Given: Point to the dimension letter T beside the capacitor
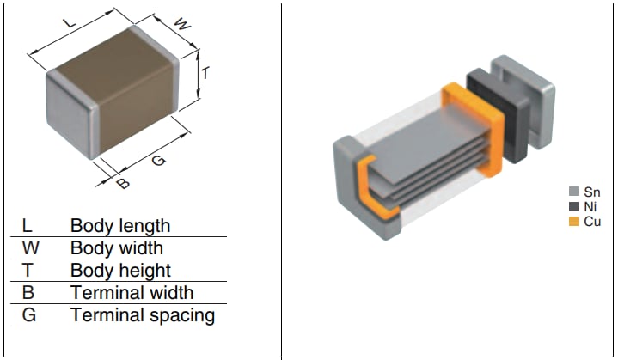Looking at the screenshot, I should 206,73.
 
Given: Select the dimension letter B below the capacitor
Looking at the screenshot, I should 122,182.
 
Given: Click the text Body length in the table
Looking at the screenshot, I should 119,226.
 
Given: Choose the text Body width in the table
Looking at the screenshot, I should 116,248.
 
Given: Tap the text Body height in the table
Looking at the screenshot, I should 119,271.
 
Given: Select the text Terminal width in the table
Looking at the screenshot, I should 132,293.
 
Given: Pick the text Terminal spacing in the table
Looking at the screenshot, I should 142,315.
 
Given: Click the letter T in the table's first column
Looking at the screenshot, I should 27,271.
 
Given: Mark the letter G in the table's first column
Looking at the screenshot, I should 28,315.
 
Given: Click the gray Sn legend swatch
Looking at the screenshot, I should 574,192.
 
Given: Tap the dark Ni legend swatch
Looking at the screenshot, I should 574,206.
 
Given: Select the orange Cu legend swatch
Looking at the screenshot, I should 574,221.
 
